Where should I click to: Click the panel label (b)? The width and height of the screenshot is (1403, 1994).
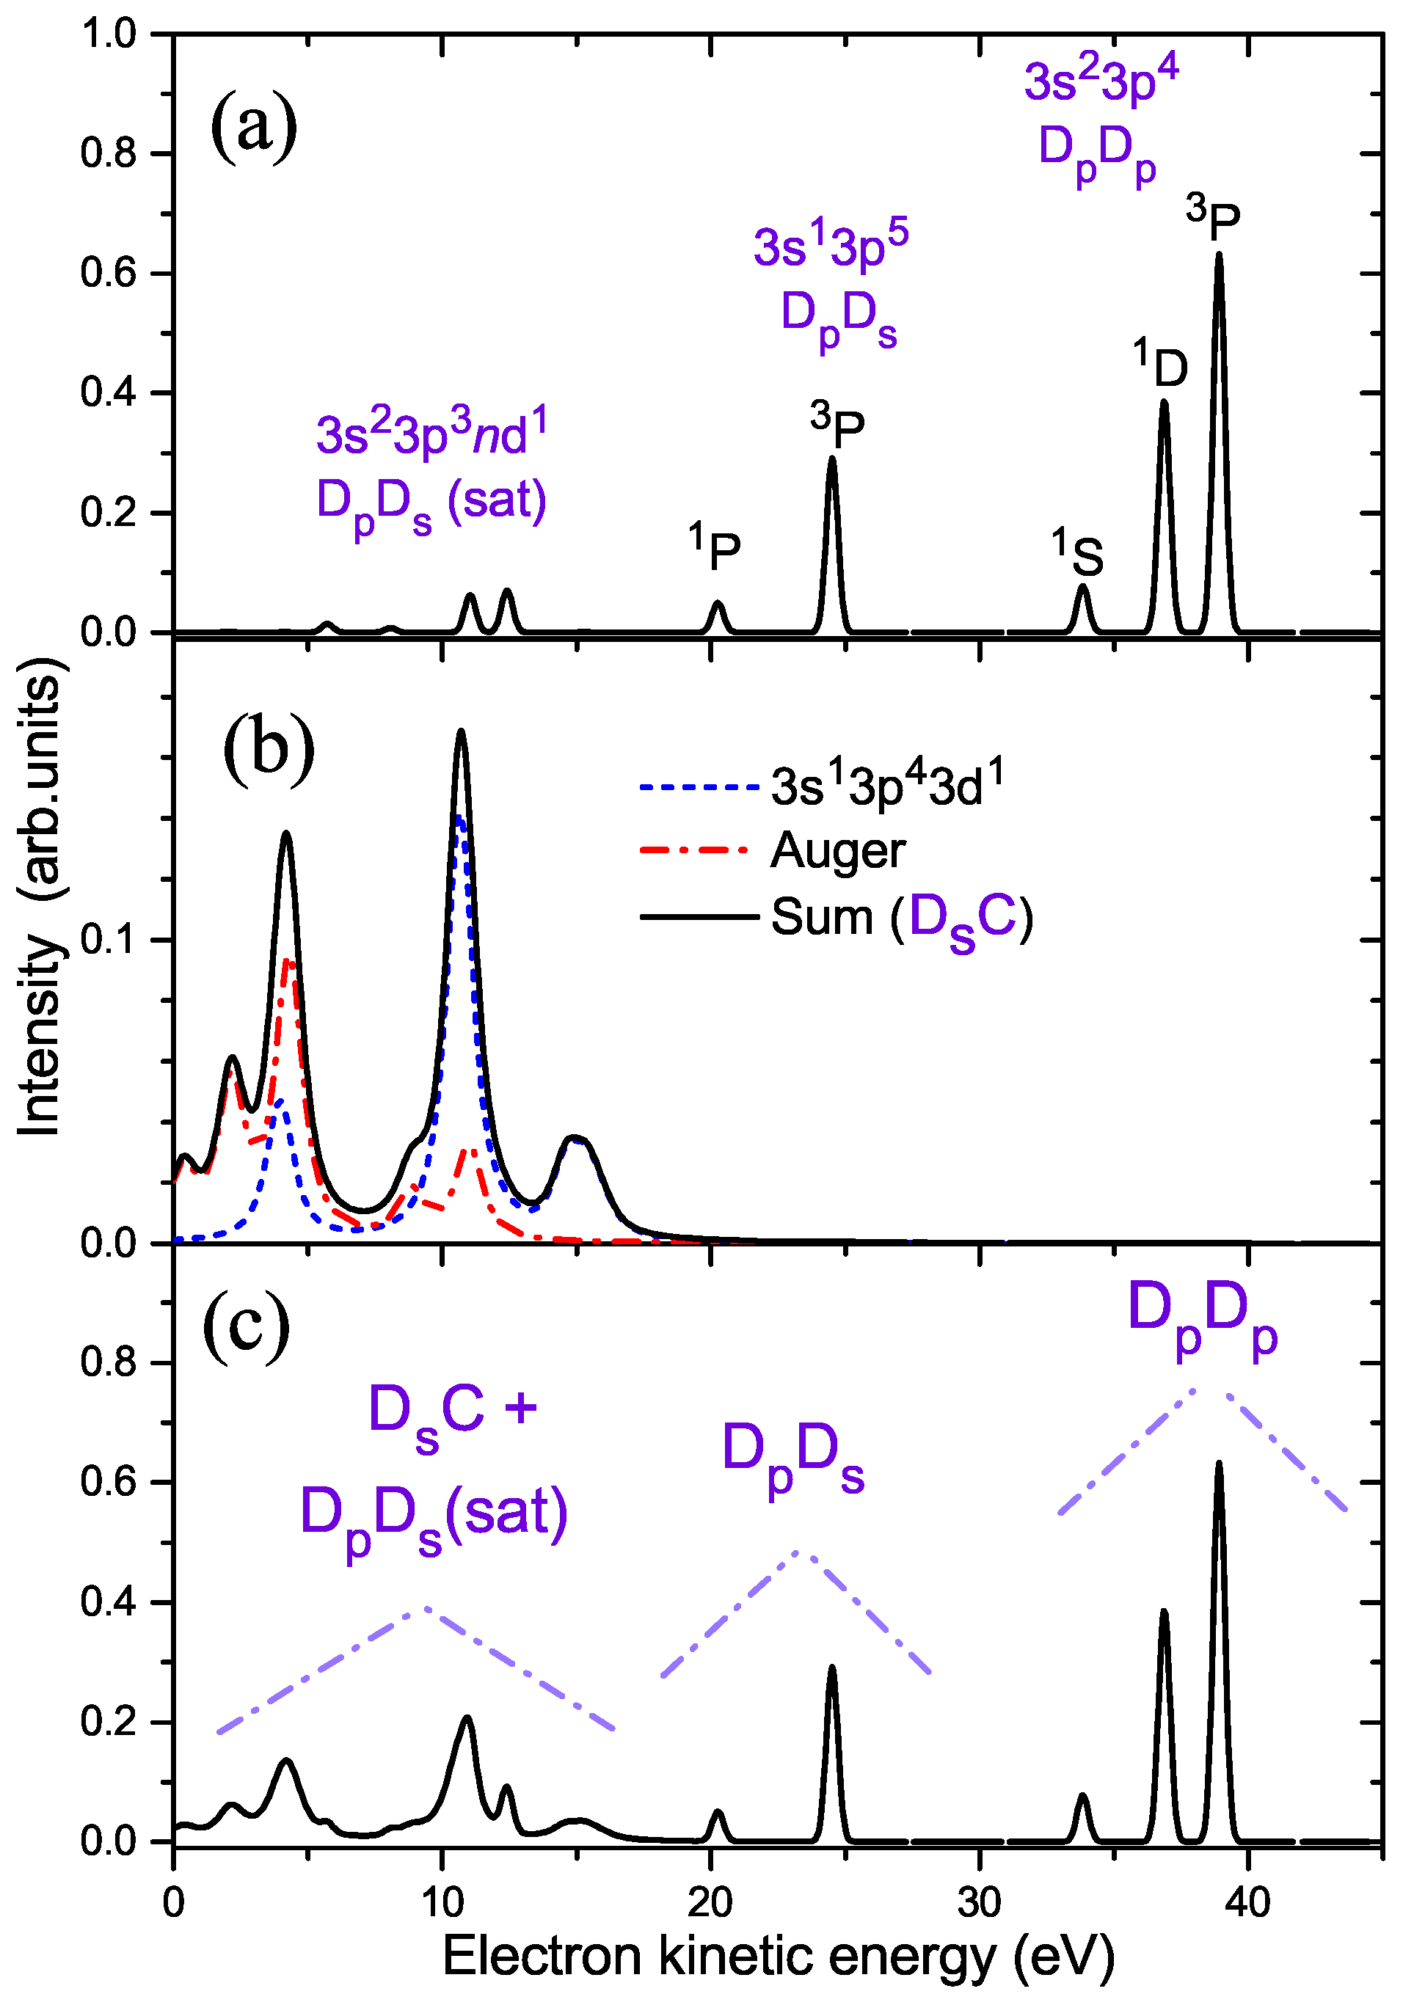click(269, 747)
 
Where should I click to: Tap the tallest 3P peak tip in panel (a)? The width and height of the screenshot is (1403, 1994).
click(1219, 255)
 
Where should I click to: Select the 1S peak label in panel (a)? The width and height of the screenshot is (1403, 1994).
click(1078, 554)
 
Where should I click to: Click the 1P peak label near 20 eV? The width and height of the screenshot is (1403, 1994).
click(715, 548)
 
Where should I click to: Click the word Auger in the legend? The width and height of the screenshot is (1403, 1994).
click(837, 851)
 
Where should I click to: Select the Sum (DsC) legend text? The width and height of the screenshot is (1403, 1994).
click(902, 918)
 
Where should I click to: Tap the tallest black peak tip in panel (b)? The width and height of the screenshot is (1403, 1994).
click(460, 732)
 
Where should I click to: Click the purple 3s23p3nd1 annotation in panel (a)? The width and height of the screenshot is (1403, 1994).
click(431, 434)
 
